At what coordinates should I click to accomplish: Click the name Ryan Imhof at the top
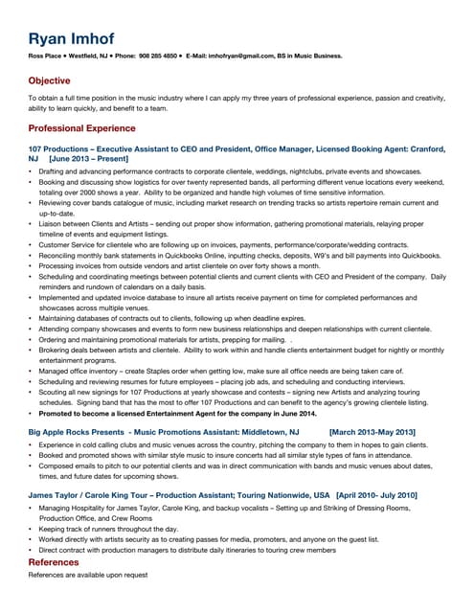(72, 38)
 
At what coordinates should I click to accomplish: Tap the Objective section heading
(49, 81)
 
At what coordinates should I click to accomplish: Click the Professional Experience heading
(81, 127)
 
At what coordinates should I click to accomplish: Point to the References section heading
(54, 562)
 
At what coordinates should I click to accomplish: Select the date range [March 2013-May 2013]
(372, 433)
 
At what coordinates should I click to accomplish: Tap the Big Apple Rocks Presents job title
(163, 433)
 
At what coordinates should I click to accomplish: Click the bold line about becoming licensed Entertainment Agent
(177, 414)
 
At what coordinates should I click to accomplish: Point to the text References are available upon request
(87, 575)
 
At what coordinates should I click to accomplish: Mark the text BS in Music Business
(311, 56)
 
